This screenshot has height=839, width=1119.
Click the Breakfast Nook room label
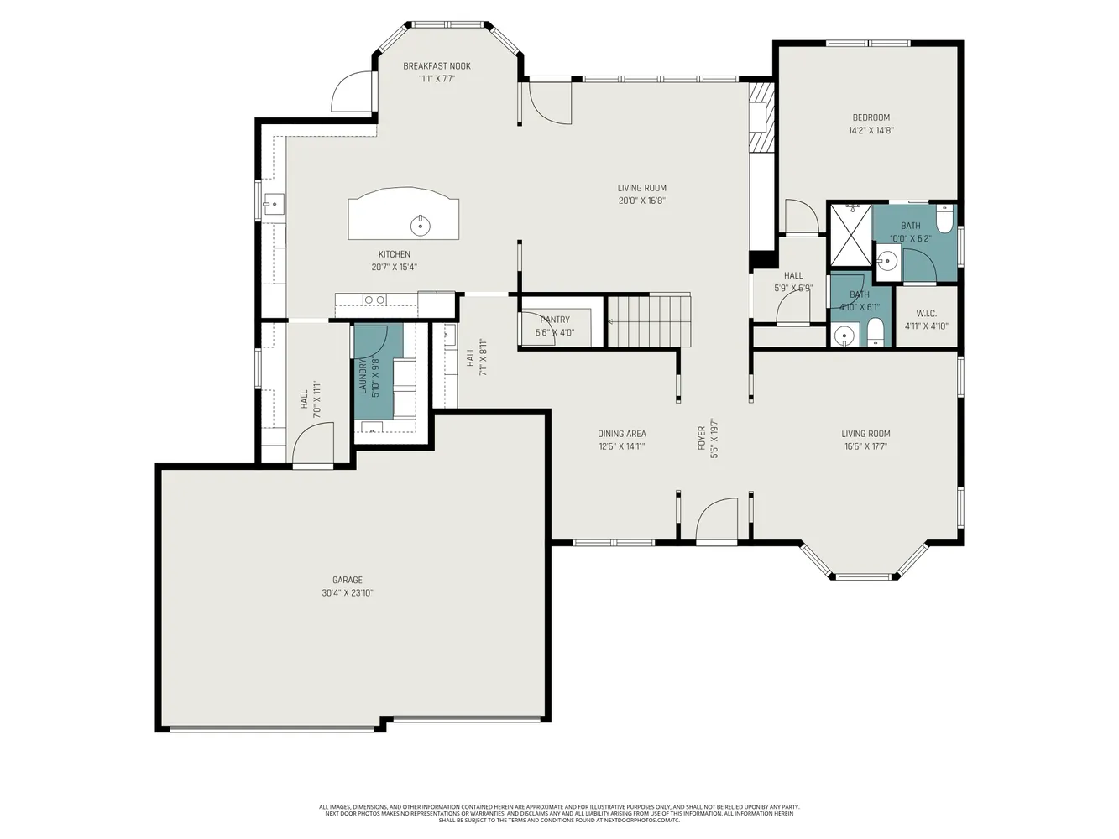pyautogui.click(x=437, y=66)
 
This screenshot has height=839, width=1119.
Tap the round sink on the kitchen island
pyautogui.click(x=420, y=225)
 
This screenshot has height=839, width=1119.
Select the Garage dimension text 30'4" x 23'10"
pyautogui.click(x=347, y=593)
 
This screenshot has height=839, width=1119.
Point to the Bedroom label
pyautogui.click(x=871, y=117)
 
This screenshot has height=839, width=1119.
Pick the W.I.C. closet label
pyautogui.click(x=926, y=314)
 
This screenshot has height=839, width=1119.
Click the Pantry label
pyautogui.click(x=555, y=320)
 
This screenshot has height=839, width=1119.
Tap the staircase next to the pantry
pyautogui.click(x=648, y=320)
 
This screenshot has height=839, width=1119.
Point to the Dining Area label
pyautogui.click(x=621, y=434)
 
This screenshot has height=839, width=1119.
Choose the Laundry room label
pyautogui.click(x=363, y=377)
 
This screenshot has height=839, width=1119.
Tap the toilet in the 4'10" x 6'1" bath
pyautogui.click(x=875, y=332)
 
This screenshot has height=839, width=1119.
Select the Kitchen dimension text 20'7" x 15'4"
pyautogui.click(x=394, y=268)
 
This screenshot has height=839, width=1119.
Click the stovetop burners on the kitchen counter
pyautogui.click(x=374, y=300)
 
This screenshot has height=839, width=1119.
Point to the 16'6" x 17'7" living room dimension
pyautogui.click(x=865, y=447)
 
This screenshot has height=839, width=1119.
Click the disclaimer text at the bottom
pyautogui.click(x=558, y=813)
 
